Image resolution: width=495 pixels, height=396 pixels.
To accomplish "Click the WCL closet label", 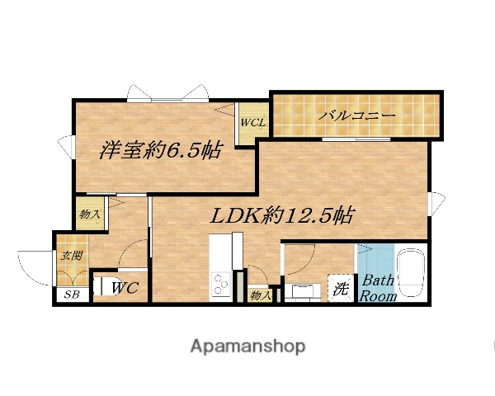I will [x=252, y=124].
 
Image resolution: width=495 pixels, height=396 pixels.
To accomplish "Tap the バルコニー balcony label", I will [x=358, y=115].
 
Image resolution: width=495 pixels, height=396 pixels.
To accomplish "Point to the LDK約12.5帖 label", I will [x=282, y=216].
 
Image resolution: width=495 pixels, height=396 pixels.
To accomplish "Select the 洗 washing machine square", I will [x=340, y=289].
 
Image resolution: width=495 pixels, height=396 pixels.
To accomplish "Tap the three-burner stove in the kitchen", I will [x=221, y=286].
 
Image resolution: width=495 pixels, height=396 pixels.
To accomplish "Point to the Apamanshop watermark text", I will [x=247, y=346].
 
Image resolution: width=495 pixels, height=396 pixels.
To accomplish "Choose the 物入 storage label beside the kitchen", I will [x=261, y=295].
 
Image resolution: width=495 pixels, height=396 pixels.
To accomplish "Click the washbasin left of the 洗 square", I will [x=304, y=291].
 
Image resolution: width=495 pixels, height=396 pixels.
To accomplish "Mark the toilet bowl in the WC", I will [x=101, y=287].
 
